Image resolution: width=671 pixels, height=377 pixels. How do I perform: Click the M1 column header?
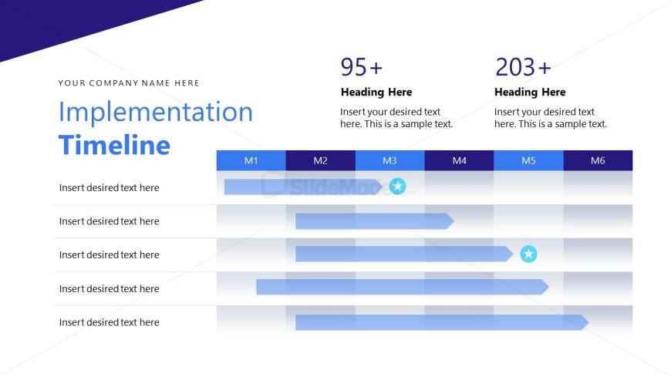pos(251,160)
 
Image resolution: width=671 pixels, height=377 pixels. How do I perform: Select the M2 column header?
pos(320,160)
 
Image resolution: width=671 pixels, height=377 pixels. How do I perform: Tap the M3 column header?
pos(389,160)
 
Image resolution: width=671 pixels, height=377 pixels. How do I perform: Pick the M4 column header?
pos(459,160)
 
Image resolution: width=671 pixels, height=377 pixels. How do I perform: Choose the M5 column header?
pos(528,160)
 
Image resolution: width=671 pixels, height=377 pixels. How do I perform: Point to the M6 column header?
pos(598,160)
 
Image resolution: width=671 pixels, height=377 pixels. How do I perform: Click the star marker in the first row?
pos(397,186)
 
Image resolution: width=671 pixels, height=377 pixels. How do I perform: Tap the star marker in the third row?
pos(528,254)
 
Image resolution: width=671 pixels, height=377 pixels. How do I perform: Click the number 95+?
pos(362,68)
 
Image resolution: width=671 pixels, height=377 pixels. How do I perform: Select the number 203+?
pos(523,68)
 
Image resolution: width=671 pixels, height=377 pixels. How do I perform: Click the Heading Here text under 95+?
pos(376,93)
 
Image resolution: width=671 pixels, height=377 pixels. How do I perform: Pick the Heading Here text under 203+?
pos(530,93)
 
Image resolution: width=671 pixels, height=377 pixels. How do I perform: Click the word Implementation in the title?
pos(155,113)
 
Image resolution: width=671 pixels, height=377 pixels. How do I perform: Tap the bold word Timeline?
pos(114,146)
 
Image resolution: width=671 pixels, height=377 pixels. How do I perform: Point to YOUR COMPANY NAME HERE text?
pos(129,83)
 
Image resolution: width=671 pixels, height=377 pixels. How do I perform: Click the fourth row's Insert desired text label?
pos(109,289)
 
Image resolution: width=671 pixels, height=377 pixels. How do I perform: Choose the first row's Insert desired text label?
pos(109,187)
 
